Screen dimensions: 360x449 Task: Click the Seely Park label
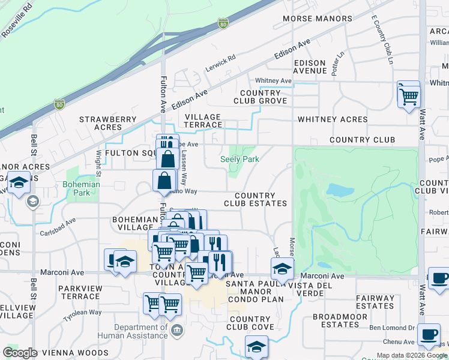tap(240, 159)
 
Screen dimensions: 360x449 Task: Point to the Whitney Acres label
tap(333, 119)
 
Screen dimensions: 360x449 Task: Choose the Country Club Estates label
tap(255, 200)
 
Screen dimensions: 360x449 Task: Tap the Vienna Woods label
tap(79, 353)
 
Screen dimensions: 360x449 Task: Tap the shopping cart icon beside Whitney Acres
tap(409, 95)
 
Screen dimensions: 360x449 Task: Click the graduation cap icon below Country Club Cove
tap(256, 347)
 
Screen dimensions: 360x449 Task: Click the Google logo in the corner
tap(20, 352)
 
